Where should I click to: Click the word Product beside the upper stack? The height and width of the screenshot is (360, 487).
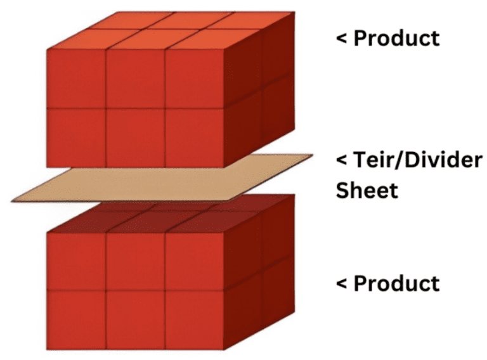click(x=396, y=38)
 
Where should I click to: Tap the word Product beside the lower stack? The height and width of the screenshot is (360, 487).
click(x=396, y=283)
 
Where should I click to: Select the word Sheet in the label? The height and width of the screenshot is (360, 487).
click(x=367, y=190)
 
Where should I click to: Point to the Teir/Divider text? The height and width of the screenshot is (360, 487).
click(x=418, y=160)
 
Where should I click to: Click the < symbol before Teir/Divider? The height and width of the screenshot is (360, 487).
click(x=341, y=161)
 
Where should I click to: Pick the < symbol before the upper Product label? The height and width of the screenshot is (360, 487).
click(x=341, y=39)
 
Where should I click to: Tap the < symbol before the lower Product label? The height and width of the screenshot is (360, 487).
click(x=341, y=284)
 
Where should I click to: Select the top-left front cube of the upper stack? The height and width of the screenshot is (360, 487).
click(x=76, y=79)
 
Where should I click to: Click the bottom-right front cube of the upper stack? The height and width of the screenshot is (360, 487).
click(x=195, y=138)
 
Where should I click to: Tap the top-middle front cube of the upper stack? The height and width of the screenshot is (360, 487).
click(x=136, y=79)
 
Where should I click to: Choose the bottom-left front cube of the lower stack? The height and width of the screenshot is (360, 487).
click(x=76, y=320)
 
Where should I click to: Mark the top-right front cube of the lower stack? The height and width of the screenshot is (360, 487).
click(x=195, y=261)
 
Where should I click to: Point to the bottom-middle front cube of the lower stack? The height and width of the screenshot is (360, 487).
click(x=136, y=320)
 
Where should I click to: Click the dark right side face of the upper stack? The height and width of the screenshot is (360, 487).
click(x=259, y=90)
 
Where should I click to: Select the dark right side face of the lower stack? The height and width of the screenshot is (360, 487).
click(x=259, y=273)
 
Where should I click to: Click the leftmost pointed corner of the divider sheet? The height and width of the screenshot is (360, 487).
click(x=11, y=202)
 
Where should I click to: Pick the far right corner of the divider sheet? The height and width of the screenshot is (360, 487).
click(x=313, y=155)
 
